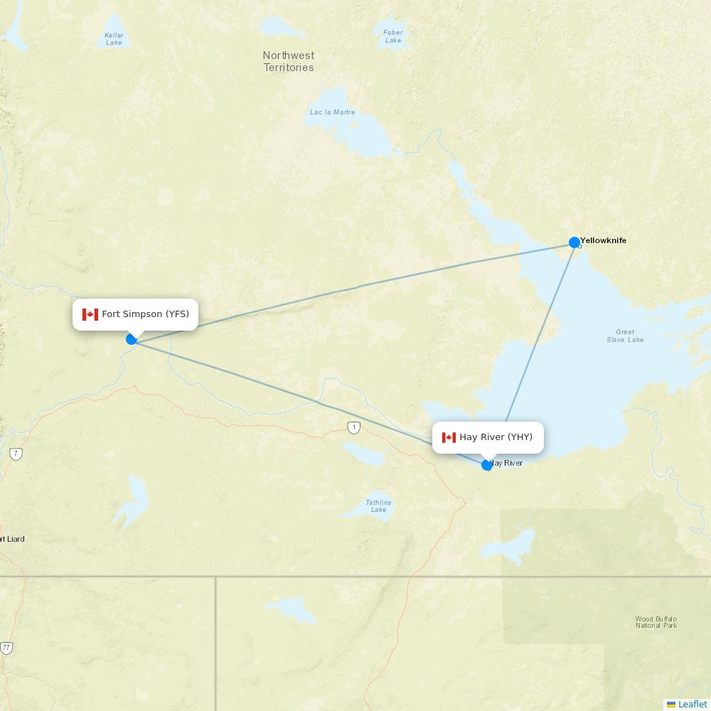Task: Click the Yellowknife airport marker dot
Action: point(574,242)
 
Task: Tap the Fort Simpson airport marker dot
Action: point(132,339)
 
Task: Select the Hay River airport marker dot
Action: point(487,465)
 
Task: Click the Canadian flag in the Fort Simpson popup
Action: point(90,314)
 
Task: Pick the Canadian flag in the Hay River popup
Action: point(449,437)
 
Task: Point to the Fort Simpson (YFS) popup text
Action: point(145,314)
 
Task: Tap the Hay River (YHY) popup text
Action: point(496,437)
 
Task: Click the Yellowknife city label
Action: point(603,240)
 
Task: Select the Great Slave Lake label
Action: point(625,336)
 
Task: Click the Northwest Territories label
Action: point(289,61)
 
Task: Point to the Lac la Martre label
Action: point(332,112)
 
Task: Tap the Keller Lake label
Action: point(114,38)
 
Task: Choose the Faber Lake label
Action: point(393,36)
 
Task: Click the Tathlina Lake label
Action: point(378,506)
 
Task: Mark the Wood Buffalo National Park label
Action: point(656,622)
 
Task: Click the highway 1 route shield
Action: point(354,427)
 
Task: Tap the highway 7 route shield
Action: point(16,454)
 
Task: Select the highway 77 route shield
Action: point(6,648)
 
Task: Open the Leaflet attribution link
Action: point(692,704)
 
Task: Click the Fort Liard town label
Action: point(13,539)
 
